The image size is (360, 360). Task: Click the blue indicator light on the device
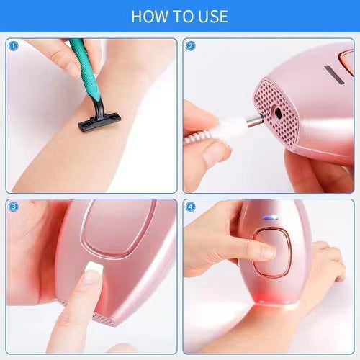[x=270, y=217]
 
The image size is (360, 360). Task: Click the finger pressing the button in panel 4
[x=263, y=252]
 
